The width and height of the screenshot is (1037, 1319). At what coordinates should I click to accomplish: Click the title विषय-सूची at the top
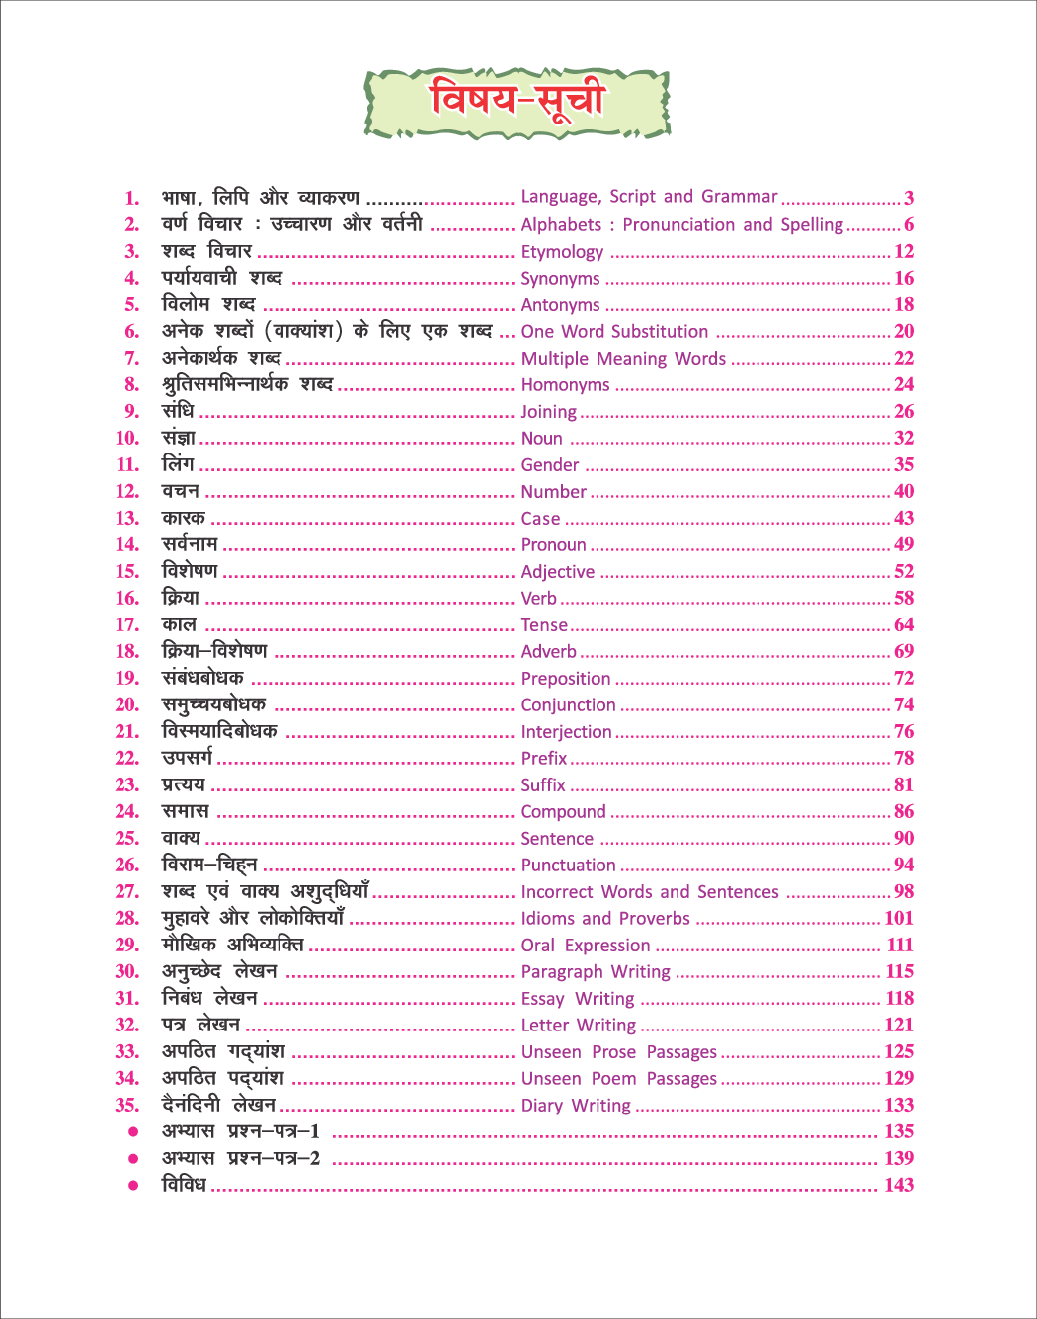point(517,101)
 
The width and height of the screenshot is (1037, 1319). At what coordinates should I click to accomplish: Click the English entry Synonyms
point(560,279)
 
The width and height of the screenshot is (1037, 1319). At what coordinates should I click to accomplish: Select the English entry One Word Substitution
point(614,332)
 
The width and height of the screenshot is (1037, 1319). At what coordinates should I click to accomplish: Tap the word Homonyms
point(565,385)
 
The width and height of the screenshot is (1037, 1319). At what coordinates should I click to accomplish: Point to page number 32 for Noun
point(904,438)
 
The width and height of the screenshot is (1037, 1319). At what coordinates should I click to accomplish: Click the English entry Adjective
point(558,572)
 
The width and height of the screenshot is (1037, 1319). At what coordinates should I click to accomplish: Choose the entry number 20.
point(127,705)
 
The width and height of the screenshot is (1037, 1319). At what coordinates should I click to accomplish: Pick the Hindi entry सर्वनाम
point(191,544)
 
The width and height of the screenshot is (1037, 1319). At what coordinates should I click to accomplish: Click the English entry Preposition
point(566,679)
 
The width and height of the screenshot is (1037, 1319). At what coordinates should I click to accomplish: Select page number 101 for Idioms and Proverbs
point(899,918)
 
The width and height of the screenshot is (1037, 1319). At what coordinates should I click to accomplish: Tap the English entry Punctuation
point(568,866)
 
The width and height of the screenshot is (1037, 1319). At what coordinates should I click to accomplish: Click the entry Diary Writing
point(576,1106)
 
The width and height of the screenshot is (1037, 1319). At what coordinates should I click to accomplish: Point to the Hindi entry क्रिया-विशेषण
point(214,651)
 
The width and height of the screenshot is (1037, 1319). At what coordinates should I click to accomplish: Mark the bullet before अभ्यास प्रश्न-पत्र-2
point(133,1158)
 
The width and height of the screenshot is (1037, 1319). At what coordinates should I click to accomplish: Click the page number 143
point(899,1185)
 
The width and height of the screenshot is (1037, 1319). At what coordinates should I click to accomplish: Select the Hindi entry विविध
point(184,1185)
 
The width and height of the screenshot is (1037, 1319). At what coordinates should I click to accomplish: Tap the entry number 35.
point(127,1105)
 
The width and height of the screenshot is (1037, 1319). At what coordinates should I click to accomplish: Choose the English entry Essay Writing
point(578,999)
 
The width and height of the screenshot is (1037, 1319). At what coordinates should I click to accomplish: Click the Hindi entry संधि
point(179,411)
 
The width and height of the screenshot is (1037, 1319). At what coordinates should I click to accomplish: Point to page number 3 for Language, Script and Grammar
point(909,198)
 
